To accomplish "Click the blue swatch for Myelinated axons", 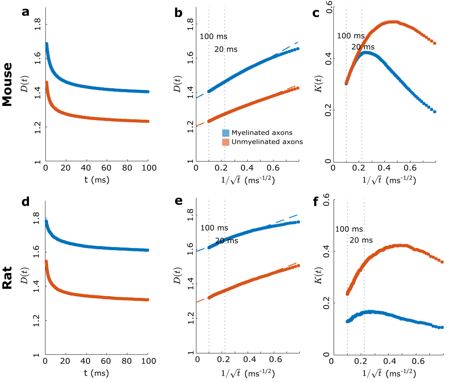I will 226,133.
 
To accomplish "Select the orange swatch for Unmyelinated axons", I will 226,142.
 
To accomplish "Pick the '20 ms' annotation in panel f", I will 361,240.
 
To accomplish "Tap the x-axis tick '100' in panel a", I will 148,167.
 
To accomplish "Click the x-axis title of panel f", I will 388,372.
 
